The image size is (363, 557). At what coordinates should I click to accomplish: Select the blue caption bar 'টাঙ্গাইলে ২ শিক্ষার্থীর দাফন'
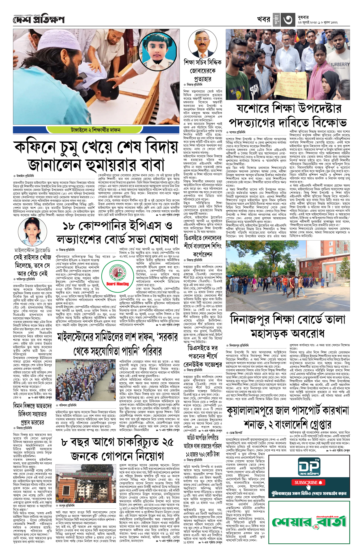(x=96, y=130)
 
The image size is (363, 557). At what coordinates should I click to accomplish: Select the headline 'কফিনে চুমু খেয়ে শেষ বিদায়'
(x=96, y=147)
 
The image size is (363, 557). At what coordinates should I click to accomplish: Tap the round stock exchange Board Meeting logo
(x=117, y=274)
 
